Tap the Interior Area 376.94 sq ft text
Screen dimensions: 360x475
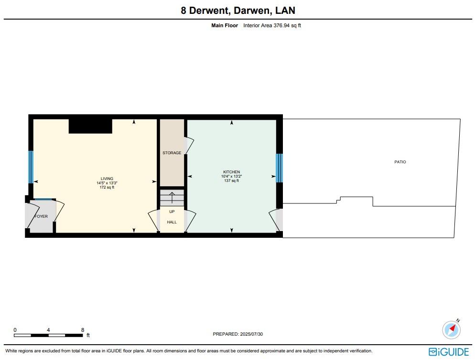272,26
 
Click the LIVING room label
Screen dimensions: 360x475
107,179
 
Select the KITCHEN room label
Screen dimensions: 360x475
231,172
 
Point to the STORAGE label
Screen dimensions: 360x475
172,153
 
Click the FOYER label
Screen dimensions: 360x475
41,216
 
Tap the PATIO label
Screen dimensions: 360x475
400,162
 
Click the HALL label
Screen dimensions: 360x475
172,222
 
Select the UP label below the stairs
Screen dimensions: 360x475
172,211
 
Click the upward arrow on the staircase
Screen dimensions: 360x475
172,197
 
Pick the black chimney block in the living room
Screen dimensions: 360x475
90,126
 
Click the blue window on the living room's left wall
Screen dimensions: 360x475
31,167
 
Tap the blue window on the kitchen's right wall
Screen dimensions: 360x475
280,168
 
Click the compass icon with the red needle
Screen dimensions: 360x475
452,329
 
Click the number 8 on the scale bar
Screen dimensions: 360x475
83,330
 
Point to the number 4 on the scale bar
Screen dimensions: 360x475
49,330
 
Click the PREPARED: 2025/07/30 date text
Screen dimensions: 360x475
238,334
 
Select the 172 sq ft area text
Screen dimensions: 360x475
107,187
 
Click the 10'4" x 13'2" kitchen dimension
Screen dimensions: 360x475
231,176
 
